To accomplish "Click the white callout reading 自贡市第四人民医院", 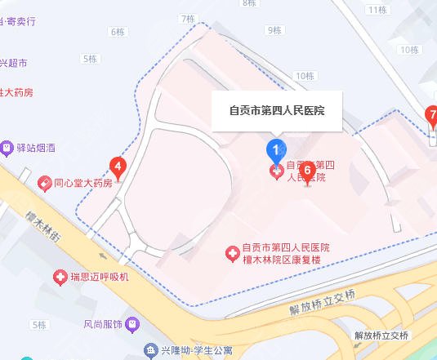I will pyautogui.click(x=276, y=110).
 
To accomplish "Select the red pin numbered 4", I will pyautogui.click(x=118, y=169).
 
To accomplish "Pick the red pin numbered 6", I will pyautogui.click(x=307, y=171).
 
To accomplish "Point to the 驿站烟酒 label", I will pyautogui.click(x=40, y=149).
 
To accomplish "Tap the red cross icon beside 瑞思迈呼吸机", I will pyautogui.click(x=60, y=278).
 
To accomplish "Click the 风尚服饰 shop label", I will pyautogui.click(x=102, y=324).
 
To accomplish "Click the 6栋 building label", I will pyautogui.click(x=116, y=31).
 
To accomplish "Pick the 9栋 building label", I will pyautogui.click(x=274, y=31).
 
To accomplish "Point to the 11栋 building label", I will pyautogui.click(x=377, y=10).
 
